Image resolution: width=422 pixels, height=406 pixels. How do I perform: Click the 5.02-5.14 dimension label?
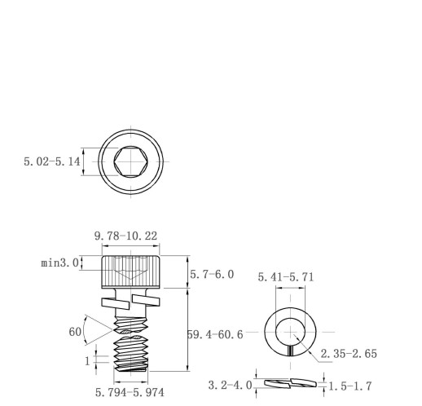[x=52, y=161]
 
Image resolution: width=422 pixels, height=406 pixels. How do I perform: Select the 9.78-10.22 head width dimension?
[x=125, y=236]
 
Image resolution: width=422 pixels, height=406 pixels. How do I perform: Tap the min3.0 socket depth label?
[x=59, y=263]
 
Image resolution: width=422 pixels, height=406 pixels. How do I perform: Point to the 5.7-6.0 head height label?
[x=212, y=275]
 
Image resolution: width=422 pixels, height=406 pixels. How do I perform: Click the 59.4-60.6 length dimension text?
[x=215, y=334]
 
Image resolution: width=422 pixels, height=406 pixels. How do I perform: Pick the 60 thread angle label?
[x=75, y=332]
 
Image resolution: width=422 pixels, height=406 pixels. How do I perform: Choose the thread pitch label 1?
[x=87, y=361]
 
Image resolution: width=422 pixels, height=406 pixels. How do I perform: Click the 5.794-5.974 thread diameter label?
[x=130, y=392]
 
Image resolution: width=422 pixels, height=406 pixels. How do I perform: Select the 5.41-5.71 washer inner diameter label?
[x=286, y=277]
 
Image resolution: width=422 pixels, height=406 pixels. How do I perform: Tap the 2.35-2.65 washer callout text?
[x=349, y=354]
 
